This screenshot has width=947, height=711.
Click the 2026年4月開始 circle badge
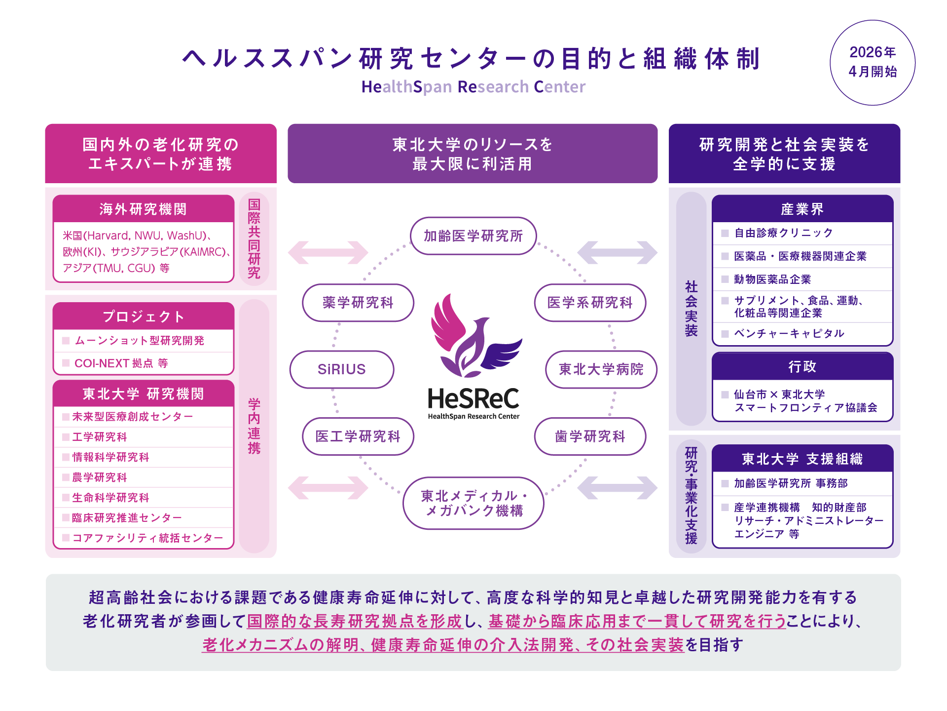[x=872, y=63]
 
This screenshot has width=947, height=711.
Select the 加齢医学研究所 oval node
[x=473, y=236]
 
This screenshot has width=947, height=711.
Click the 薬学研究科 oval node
[x=358, y=303]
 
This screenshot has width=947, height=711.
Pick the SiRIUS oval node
[x=341, y=369]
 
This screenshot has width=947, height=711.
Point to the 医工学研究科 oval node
[x=358, y=436]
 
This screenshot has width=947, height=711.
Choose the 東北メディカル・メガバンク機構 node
[x=473, y=503]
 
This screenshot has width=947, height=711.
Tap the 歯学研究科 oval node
[x=590, y=436]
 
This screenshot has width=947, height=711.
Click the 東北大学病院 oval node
[x=601, y=369]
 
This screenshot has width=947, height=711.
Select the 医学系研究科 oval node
[x=590, y=303]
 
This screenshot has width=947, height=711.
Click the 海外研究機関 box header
[x=143, y=209]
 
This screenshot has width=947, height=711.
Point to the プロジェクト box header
[x=143, y=316]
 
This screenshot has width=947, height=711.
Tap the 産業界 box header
[x=802, y=209]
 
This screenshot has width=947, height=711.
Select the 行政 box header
[x=802, y=367]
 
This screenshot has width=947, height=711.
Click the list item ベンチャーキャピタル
[x=789, y=334]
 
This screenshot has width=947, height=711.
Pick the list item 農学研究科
[x=100, y=477]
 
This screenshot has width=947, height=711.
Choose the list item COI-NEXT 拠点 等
[x=121, y=363]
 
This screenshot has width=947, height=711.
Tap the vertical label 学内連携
[x=254, y=426]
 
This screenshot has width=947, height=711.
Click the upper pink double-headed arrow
[x=328, y=252]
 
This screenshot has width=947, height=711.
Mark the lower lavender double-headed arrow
[x=617, y=488]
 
